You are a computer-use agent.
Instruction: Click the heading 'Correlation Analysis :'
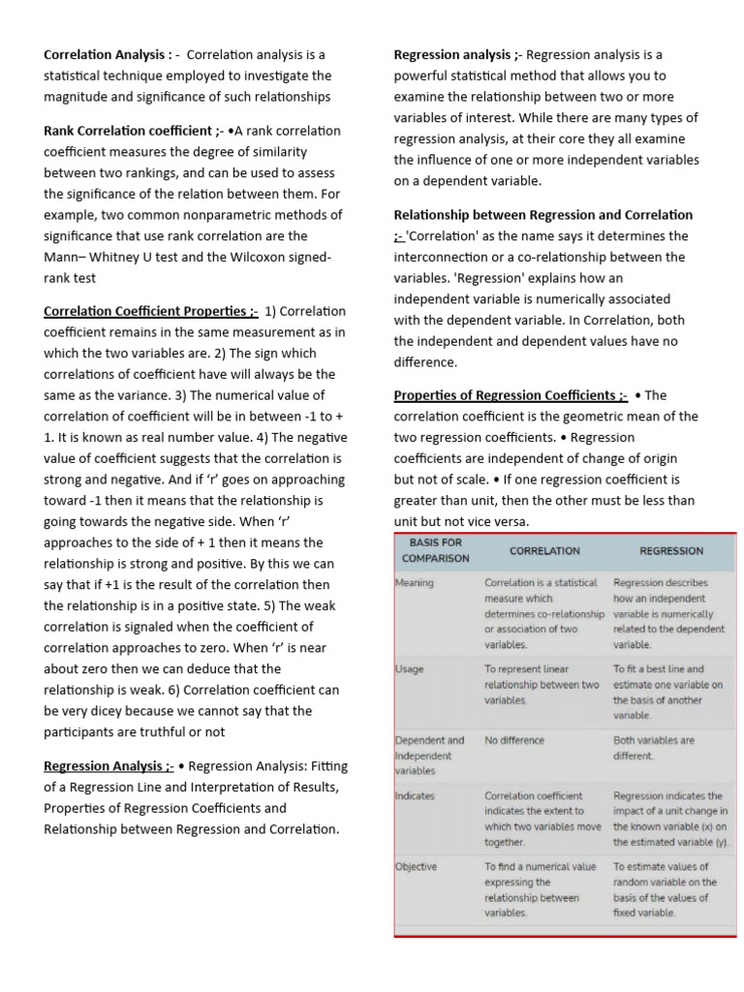[108, 54]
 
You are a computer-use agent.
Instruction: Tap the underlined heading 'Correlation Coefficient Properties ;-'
[150, 311]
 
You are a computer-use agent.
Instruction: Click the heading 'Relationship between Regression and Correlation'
[542, 215]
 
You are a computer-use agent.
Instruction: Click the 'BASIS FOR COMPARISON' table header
[435, 550]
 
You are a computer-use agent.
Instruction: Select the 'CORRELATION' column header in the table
[544, 550]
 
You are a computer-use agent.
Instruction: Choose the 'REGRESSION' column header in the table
[671, 550]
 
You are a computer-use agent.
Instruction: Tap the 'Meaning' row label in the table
[415, 583]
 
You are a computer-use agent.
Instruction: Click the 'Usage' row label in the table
[410, 669]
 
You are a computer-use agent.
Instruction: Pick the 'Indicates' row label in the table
[416, 796]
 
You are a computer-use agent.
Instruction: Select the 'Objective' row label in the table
[417, 867]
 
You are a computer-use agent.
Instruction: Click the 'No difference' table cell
[514, 740]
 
